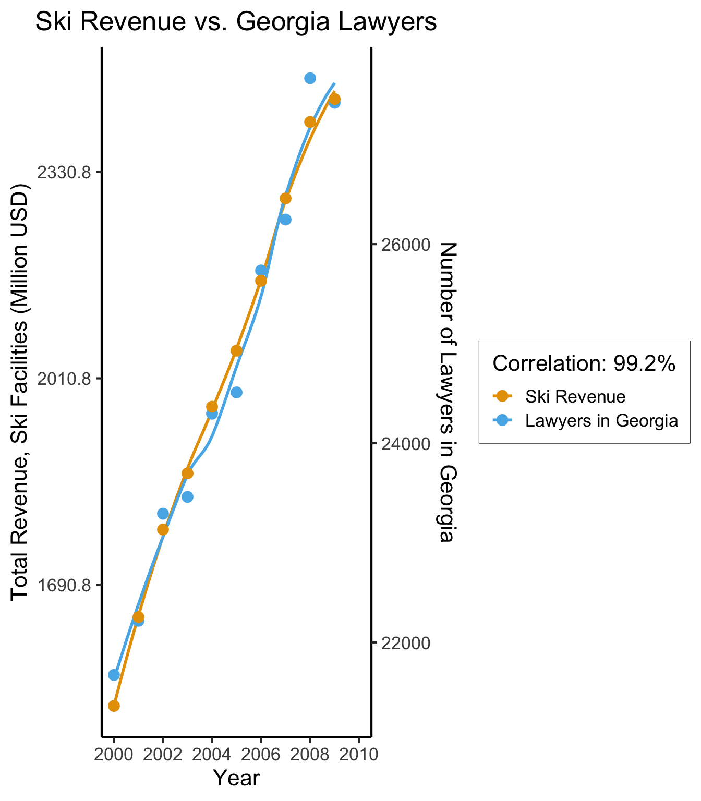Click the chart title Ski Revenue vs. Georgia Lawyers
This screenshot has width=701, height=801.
click(236, 23)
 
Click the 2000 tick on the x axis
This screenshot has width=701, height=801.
click(114, 754)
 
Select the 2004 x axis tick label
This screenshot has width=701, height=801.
click(212, 754)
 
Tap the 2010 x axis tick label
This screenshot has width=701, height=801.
click(359, 754)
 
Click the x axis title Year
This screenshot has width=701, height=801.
click(236, 778)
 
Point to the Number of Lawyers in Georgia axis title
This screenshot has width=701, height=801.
click(448, 392)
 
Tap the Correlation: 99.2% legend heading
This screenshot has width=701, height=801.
click(584, 364)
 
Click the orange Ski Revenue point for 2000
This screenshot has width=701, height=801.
click(114, 706)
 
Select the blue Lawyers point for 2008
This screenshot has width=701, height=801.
click(310, 78)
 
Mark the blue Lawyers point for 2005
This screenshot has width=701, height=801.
click(236, 392)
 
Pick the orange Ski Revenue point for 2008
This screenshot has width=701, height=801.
click(310, 122)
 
